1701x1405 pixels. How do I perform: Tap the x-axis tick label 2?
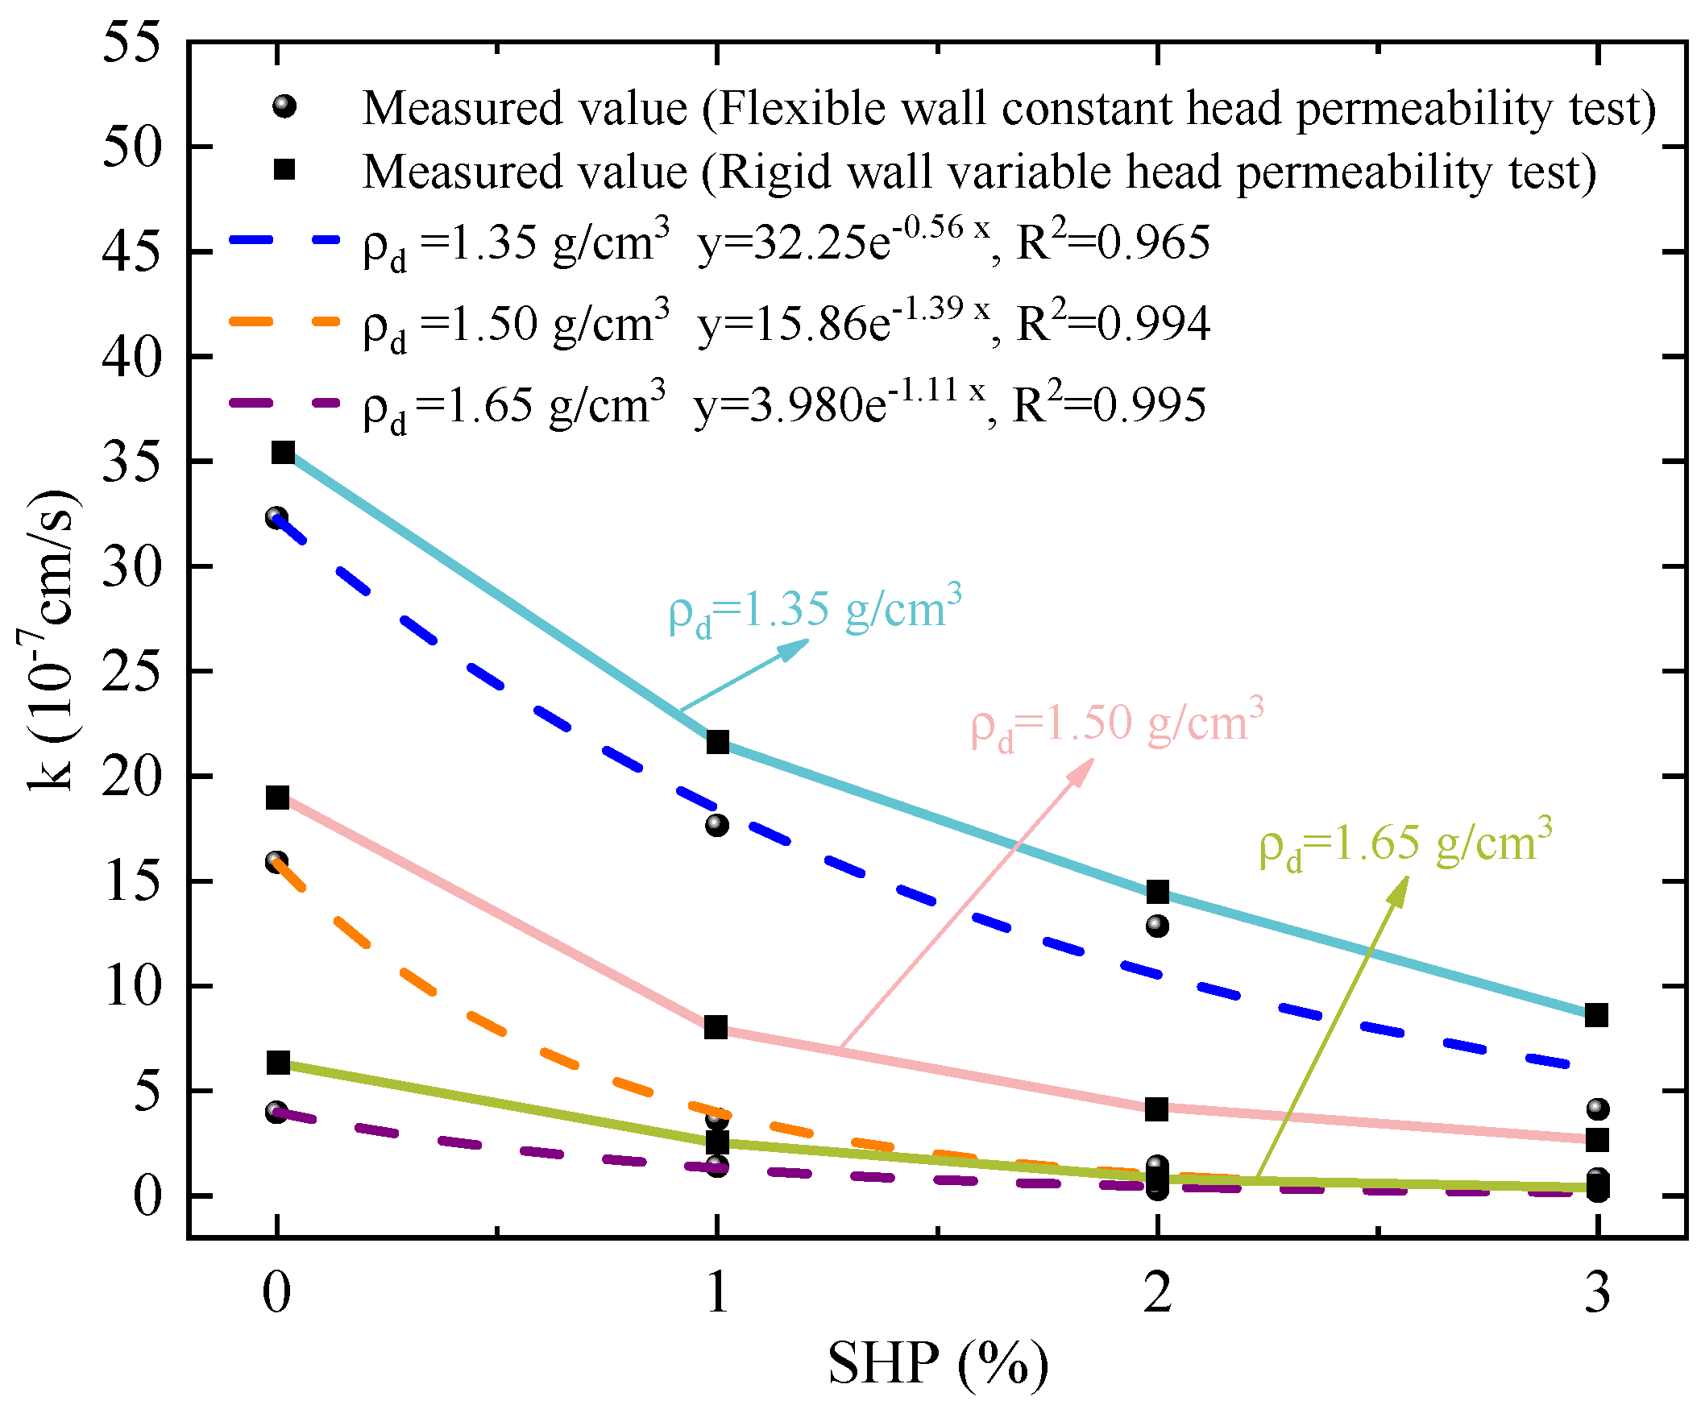[x=1158, y=1292]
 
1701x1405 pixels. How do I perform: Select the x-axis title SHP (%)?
[x=938, y=1365]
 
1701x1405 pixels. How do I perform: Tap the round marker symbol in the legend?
[x=284, y=106]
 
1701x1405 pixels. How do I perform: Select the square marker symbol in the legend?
[x=284, y=169]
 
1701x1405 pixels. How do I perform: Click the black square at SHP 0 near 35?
[x=283, y=453]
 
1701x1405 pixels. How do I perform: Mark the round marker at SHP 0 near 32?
[x=277, y=517]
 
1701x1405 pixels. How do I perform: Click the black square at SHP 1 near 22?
[x=717, y=742]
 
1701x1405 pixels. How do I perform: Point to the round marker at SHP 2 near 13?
[x=1158, y=925]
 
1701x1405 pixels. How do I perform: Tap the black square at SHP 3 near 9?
[x=1596, y=1015]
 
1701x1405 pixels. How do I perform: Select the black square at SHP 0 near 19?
[x=279, y=798]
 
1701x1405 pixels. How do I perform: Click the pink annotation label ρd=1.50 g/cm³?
[x=1117, y=723]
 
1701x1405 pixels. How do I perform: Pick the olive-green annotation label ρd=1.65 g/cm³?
[x=1405, y=843]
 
